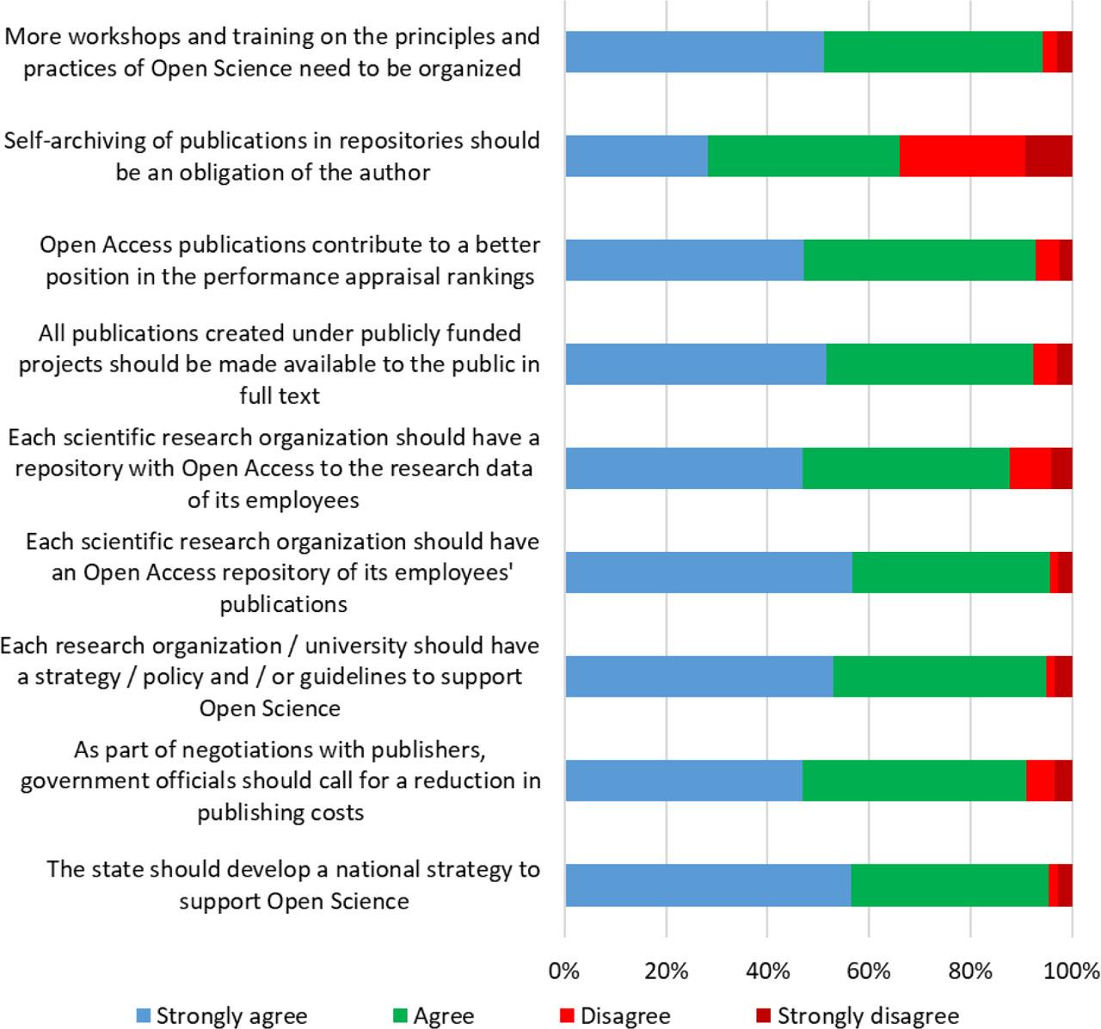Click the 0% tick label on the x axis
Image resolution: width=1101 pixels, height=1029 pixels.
tap(564, 971)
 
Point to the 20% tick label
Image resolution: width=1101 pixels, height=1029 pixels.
tap(666, 971)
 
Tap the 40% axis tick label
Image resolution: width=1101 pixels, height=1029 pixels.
tap(767, 971)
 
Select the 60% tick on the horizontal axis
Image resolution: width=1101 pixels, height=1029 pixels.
tap(869, 971)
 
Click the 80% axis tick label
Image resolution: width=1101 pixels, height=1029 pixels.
tap(970, 971)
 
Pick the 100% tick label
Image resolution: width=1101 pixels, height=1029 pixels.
tap(1072, 971)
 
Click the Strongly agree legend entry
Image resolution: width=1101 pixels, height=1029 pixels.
tap(222, 1015)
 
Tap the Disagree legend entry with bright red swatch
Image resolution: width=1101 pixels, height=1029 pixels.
tap(614, 1015)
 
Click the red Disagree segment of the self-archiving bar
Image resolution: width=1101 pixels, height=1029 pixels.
tap(963, 156)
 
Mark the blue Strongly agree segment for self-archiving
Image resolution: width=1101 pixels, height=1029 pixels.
tap(637, 156)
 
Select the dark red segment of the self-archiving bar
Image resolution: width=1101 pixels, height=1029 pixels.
tap(1049, 156)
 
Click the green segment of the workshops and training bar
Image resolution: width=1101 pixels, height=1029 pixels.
tap(933, 52)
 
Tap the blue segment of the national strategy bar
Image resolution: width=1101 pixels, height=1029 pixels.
tap(708, 885)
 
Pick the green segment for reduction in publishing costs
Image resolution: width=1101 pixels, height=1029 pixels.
tap(914, 781)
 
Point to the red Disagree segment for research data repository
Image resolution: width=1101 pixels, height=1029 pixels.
tap(1030, 469)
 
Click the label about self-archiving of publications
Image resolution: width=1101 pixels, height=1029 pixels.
tap(273, 156)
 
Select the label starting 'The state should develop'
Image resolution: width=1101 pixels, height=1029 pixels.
tap(293, 885)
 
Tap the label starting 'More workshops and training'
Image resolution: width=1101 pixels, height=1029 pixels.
tap(273, 52)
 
